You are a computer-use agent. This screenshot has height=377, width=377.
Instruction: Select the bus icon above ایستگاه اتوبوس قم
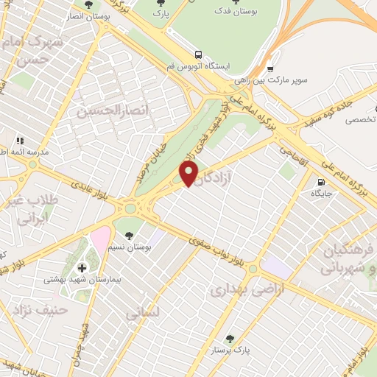197,54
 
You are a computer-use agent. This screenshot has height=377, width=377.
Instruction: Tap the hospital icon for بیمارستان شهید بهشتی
81,267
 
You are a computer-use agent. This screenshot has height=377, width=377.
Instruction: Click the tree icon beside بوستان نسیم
130,236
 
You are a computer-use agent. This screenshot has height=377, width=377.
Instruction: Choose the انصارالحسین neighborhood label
108,110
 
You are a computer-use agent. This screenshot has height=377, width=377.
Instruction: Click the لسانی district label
143,313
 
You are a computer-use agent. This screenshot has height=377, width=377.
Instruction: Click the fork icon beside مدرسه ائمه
20,139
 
